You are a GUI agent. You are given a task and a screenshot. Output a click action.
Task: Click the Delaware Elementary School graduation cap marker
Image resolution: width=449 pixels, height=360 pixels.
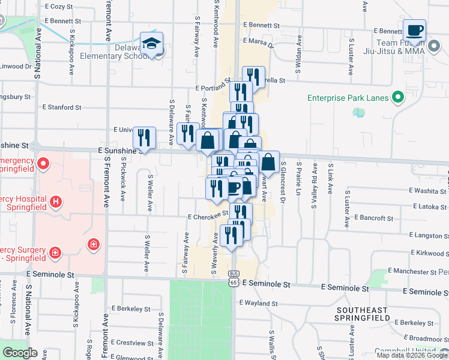point(152,43)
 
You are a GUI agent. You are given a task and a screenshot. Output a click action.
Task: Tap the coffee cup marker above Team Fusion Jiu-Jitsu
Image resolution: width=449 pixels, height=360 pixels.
point(414,30)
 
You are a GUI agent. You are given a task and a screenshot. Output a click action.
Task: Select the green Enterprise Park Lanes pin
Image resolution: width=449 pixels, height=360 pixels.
point(397,97)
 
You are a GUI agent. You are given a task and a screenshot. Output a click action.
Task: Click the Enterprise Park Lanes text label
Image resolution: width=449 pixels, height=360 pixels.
point(348,97)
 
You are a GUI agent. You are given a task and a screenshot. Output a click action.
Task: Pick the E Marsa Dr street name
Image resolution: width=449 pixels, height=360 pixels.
point(259,42)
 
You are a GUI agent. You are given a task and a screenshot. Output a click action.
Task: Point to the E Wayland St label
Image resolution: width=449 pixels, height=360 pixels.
point(259,303)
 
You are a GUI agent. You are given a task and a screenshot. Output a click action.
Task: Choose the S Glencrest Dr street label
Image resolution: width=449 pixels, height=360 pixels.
point(282,178)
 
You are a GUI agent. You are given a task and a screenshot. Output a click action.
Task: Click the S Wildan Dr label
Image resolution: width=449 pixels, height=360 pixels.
point(298,67)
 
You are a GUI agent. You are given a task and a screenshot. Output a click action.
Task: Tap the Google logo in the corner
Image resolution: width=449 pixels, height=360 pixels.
point(20,352)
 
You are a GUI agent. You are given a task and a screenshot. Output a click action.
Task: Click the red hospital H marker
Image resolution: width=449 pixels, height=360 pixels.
point(56,202)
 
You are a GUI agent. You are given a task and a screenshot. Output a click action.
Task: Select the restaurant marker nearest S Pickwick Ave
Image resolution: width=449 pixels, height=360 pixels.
point(144,137)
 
